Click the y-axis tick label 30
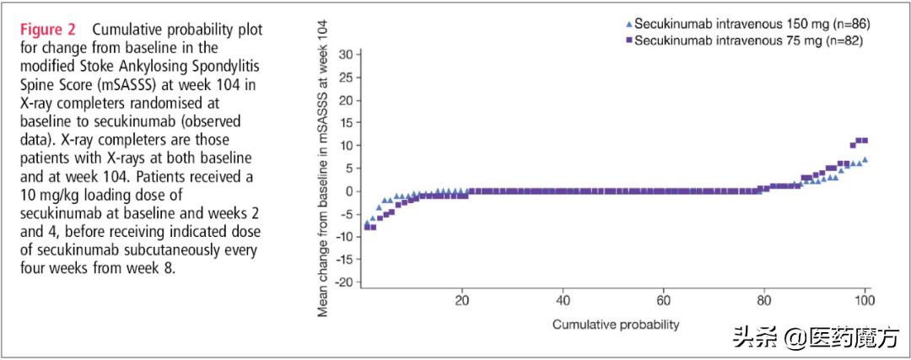point(344,55)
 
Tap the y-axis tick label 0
point(348,191)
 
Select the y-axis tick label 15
point(344,123)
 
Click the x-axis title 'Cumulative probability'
point(616,324)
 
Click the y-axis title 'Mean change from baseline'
point(322,169)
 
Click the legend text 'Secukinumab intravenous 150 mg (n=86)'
point(751,24)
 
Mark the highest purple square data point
point(863,141)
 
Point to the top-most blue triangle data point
point(865,159)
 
